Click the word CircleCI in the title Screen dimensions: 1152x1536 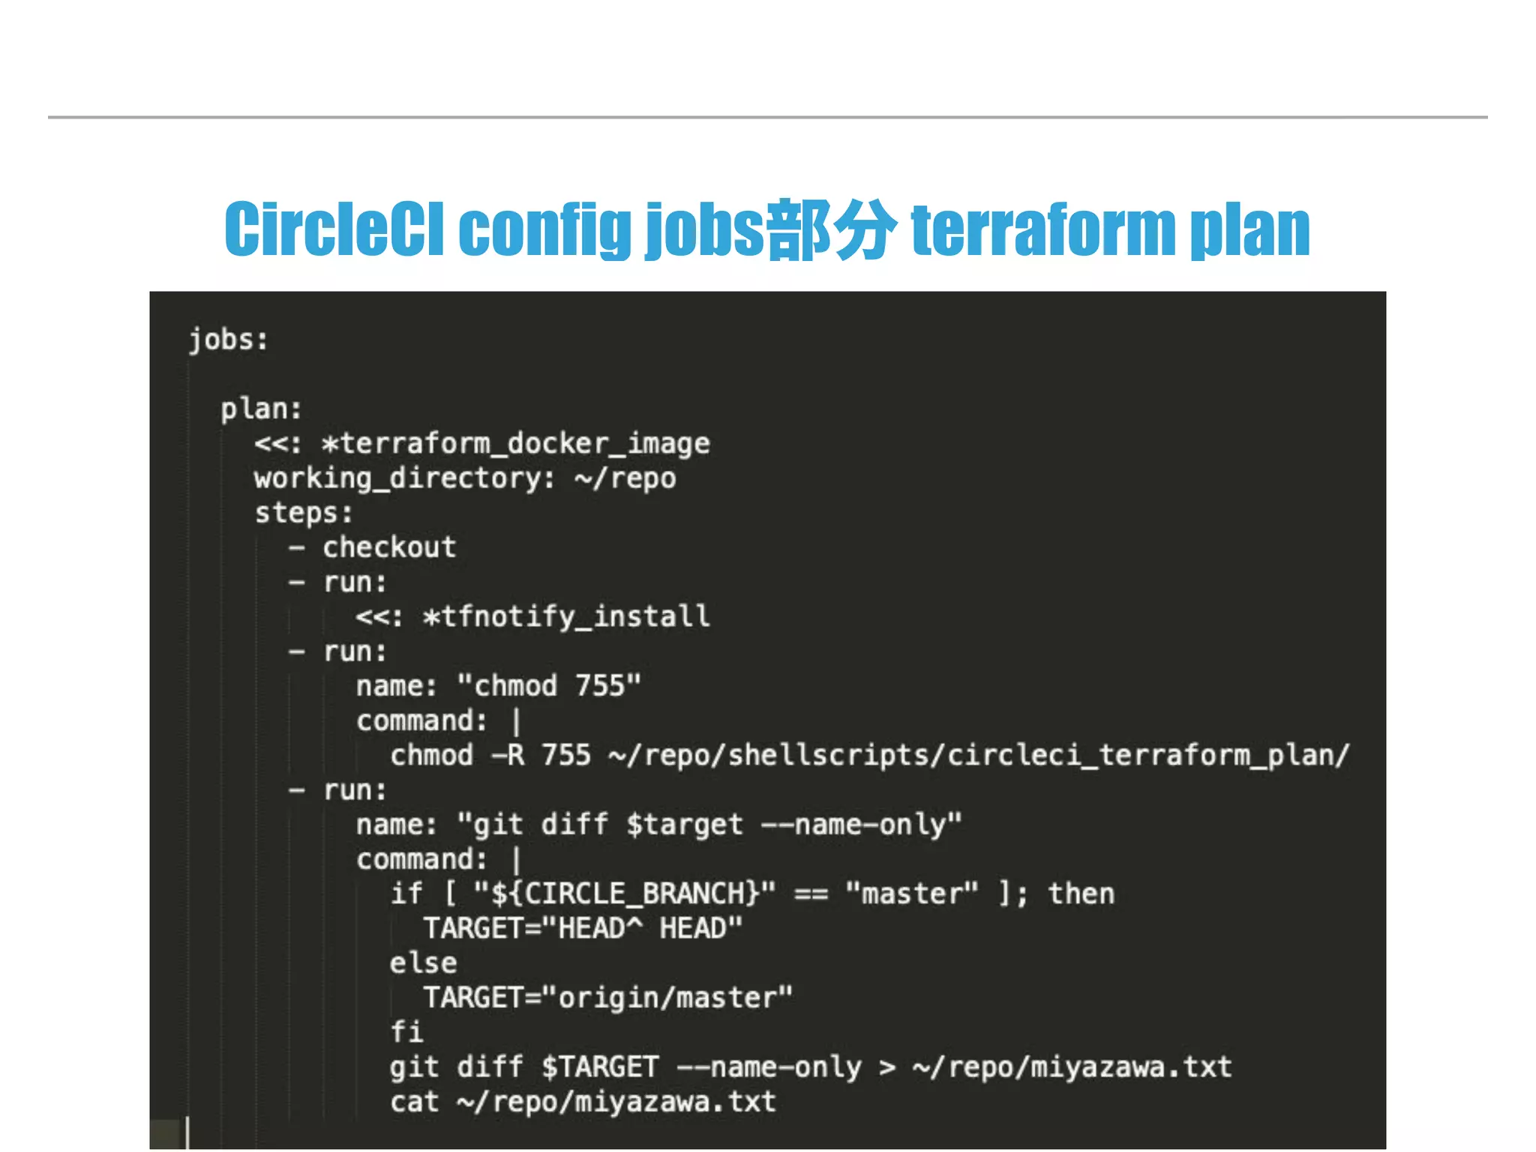point(334,229)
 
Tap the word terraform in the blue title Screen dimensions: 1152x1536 point(1042,229)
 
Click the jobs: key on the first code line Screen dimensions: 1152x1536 point(228,340)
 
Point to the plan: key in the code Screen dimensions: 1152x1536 point(261,409)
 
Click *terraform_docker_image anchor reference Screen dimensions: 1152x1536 point(515,443)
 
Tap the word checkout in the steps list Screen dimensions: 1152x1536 point(389,547)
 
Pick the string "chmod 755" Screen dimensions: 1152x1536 point(549,685)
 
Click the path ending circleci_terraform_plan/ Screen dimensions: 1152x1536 point(979,755)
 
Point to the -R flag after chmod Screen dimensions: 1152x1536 point(508,755)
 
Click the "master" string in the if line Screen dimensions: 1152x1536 point(911,894)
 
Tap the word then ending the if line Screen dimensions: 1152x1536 point(1081,894)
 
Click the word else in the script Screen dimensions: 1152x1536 point(423,963)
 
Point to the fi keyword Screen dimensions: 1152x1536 point(406,1032)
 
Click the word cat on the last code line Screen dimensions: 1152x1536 point(414,1102)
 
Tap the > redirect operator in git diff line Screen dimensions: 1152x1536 point(887,1067)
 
